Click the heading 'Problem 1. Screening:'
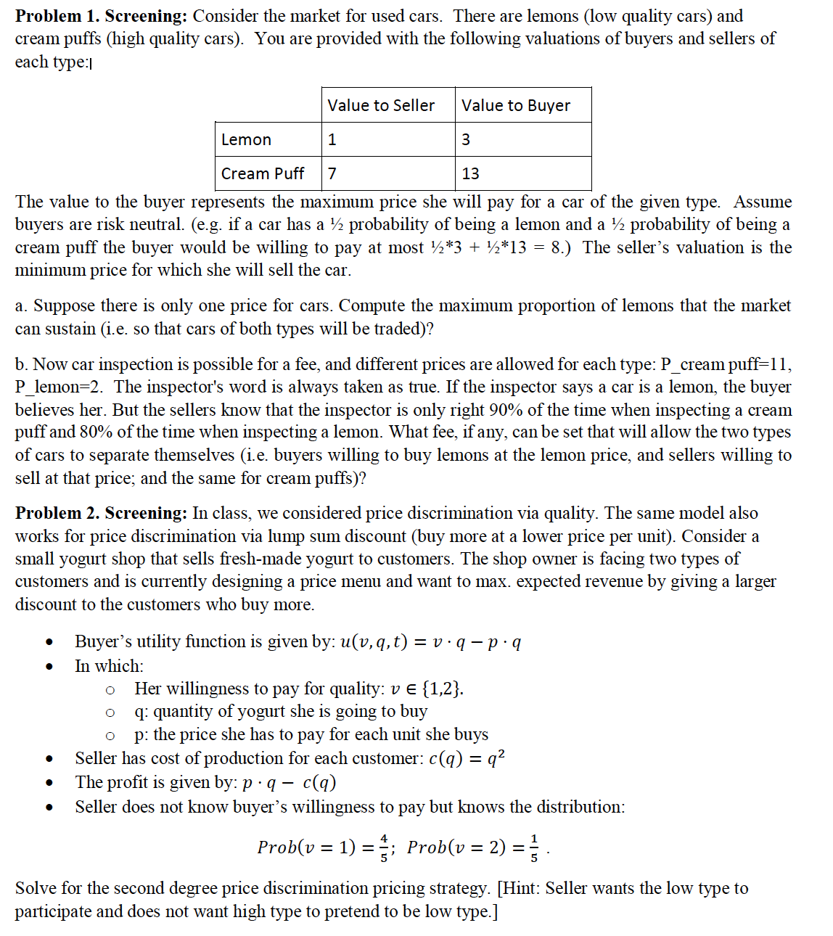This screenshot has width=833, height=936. coord(102,16)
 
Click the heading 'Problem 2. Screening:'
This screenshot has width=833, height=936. coord(102,513)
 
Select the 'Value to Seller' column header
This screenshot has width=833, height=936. coord(381,105)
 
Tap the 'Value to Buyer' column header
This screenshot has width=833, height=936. coord(516,105)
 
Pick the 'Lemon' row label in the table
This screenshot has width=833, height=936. coord(246,139)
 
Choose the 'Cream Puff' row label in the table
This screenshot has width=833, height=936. coord(263,173)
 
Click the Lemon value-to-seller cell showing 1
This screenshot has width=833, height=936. coord(332,139)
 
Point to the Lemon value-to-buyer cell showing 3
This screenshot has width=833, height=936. coord(466,139)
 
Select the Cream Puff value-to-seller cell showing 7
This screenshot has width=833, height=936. coord(332,173)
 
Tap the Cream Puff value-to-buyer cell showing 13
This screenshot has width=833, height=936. coord(470,173)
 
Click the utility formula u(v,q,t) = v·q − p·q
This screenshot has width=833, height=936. coord(430,642)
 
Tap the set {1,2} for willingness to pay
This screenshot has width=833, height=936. coord(442,689)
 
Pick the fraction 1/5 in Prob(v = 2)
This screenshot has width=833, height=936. coord(534,847)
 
